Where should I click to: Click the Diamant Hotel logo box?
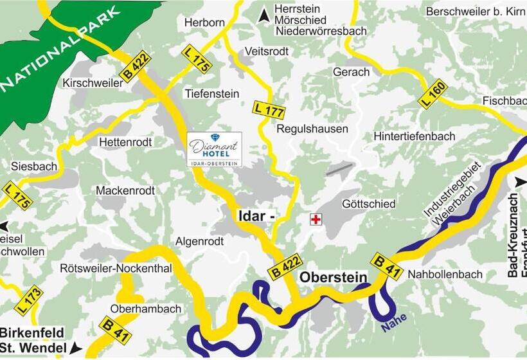click(215, 150)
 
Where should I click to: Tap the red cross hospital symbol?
click(315, 220)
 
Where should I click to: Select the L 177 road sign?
click(269, 109)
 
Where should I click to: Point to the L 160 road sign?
click(433, 93)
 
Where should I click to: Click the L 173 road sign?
click(29, 300)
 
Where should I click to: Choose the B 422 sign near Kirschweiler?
click(134, 66)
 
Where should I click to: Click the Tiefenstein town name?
click(211, 93)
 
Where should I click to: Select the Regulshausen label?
click(312, 129)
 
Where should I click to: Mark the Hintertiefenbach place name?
click(414, 136)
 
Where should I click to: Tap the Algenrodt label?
click(199, 241)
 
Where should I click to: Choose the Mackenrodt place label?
click(125, 191)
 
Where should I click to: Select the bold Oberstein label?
click(333, 277)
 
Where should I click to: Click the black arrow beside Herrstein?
click(263, 16)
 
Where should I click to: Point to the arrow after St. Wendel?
click(76, 348)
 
